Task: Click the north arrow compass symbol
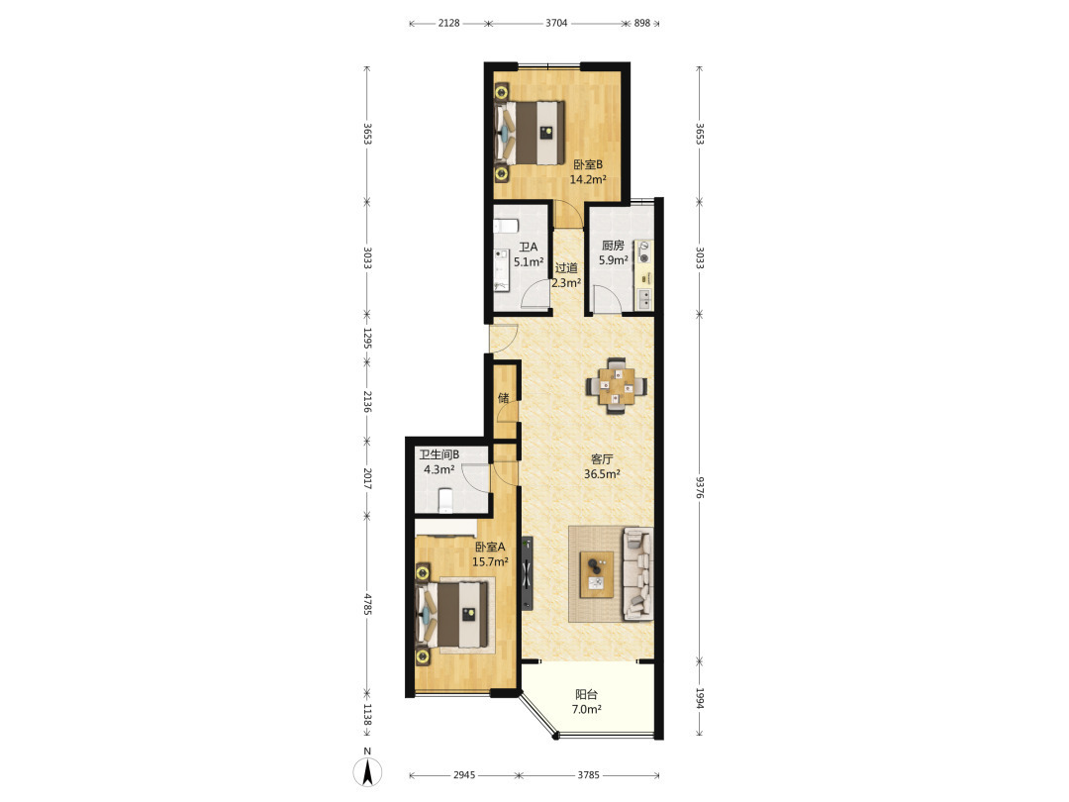pyautogui.click(x=367, y=770)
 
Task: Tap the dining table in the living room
pyautogui.click(x=617, y=386)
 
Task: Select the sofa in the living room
pyautogui.click(x=638, y=573)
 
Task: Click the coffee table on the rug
pyautogui.click(x=597, y=574)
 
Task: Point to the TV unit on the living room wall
pyautogui.click(x=527, y=573)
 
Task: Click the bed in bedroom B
pyautogui.click(x=531, y=133)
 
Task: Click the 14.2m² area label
pyautogui.click(x=588, y=180)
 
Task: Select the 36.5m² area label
pyautogui.click(x=602, y=474)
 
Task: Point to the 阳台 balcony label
pyautogui.click(x=586, y=694)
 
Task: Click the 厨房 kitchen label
pyautogui.click(x=613, y=246)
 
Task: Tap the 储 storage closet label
pyautogui.click(x=503, y=398)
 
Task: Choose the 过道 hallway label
pyautogui.click(x=566, y=268)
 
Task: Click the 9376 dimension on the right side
pyautogui.click(x=700, y=487)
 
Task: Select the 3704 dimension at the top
pyautogui.click(x=556, y=23)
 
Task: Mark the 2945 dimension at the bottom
pyautogui.click(x=464, y=775)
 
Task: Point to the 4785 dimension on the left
pyautogui.click(x=367, y=605)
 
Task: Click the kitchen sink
pyautogui.click(x=643, y=298)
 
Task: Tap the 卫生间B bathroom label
pyautogui.click(x=439, y=454)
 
